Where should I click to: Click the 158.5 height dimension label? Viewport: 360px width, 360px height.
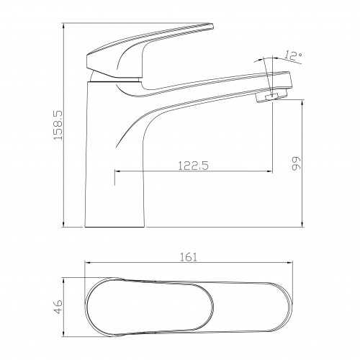[58, 125]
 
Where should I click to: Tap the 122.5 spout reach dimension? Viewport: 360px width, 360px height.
[194, 166]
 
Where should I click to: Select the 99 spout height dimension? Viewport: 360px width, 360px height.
[296, 163]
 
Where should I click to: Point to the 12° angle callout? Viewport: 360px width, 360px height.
[293, 55]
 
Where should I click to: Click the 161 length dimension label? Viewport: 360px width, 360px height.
[189, 257]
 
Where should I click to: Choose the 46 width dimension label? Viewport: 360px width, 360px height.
[58, 307]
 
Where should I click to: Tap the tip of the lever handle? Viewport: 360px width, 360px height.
[212, 26]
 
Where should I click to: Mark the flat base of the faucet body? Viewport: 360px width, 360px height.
[114, 227]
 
